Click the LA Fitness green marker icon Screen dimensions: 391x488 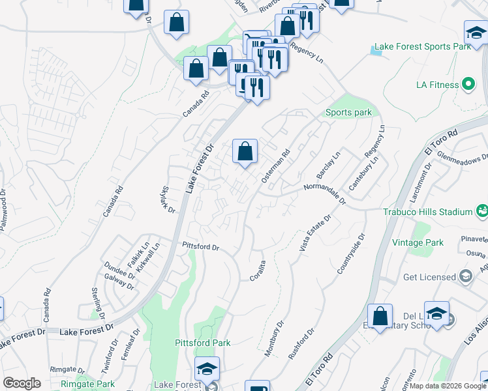[468, 85]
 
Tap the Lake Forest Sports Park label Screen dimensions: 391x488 [420, 48]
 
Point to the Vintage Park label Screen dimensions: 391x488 [418, 242]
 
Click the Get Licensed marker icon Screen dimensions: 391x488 [466, 277]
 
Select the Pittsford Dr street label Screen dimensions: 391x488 [200, 247]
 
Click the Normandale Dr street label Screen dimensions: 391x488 [324, 194]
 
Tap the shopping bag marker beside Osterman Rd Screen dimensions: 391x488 [245, 152]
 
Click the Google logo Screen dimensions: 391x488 [22, 383]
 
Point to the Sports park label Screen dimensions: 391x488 [348, 113]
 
